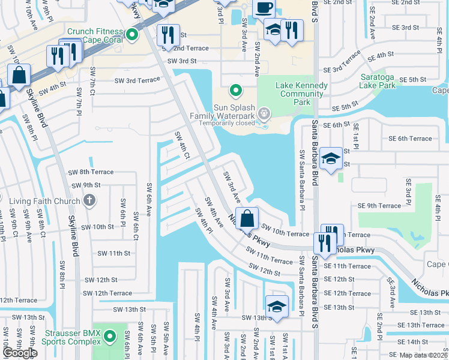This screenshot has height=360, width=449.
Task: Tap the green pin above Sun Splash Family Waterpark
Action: (x=236, y=91)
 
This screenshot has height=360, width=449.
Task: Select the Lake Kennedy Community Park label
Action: (x=301, y=89)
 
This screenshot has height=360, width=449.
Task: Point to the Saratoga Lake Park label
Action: (x=386, y=81)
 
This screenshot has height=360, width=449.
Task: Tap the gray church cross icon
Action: (x=89, y=200)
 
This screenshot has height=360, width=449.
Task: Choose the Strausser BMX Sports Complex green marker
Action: (x=109, y=337)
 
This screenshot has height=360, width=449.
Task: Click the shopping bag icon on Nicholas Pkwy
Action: (x=247, y=220)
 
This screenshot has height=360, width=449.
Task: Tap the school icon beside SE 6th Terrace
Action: (x=331, y=159)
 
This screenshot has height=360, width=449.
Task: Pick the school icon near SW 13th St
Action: (x=277, y=307)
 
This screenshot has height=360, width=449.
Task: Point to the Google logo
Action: (x=20, y=353)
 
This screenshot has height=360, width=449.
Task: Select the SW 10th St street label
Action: (x=97, y=227)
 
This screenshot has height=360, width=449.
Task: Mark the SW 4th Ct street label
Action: (x=182, y=146)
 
